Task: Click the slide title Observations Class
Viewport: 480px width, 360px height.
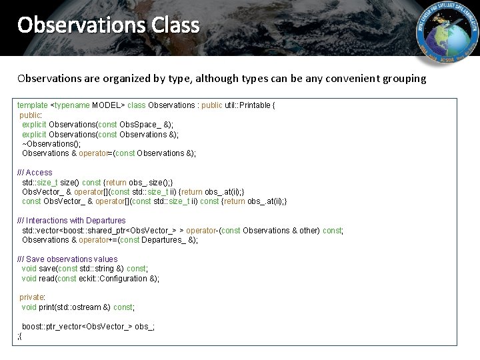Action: pyautogui.click(x=108, y=25)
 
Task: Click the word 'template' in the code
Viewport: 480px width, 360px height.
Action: pyautogui.click(x=32, y=105)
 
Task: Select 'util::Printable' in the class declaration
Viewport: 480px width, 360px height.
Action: pyautogui.click(x=247, y=105)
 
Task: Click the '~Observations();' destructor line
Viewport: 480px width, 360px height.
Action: pyautogui.click(x=51, y=143)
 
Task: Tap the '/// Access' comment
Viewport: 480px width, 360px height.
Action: pyautogui.click(x=35, y=173)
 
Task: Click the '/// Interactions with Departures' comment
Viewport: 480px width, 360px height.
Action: pyautogui.click(x=71, y=221)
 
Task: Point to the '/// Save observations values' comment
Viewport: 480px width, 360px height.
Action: pyautogui.click(x=67, y=259)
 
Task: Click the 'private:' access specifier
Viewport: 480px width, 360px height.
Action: pyautogui.click(x=32, y=297)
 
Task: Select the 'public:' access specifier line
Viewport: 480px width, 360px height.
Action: pyautogui.click(x=31, y=115)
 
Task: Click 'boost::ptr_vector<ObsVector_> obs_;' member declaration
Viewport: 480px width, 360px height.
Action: pyautogui.click(x=88, y=327)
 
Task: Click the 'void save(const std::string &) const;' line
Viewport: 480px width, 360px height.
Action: pyautogui.click(x=84, y=269)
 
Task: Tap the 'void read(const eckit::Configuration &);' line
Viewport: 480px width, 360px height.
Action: pyautogui.click(x=91, y=279)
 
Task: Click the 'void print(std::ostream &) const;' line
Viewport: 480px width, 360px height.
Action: pyautogui.click(x=77, y=307)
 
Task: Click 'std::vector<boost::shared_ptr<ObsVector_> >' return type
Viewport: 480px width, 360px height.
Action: pyautogui.click(x=99, y=231)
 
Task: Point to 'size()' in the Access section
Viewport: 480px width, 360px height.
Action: pyautogui.click(x=70, y=182)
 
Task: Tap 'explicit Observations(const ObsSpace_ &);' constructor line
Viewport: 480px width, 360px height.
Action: pyautogui.click(x=97, y=125)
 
